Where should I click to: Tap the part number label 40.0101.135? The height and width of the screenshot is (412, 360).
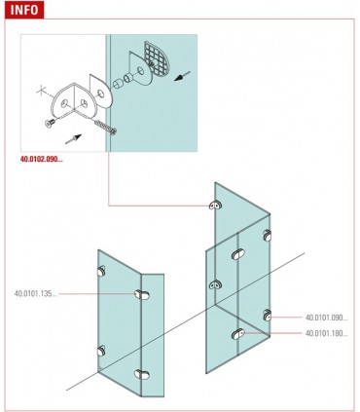(x=37, y=293)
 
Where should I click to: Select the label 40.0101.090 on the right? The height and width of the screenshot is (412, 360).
(x=326, y=318)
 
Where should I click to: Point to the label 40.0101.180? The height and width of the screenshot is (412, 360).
(x=326, y=333)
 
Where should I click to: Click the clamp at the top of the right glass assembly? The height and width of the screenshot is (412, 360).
(x=215, y=206)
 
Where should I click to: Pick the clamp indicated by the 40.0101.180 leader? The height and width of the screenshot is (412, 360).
(x=237, y=334)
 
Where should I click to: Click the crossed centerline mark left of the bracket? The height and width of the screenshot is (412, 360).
(x=40, y=93)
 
